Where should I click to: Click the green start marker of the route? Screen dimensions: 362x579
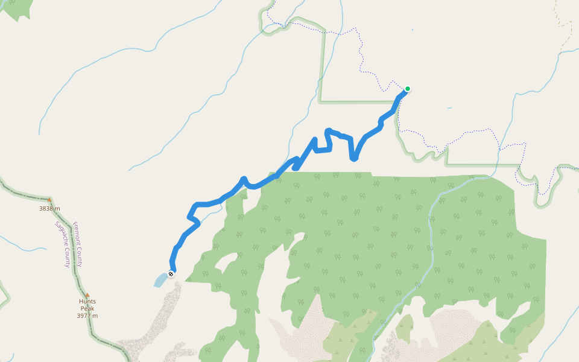coord(408,89)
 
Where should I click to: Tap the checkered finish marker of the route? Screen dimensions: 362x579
coord(171,274)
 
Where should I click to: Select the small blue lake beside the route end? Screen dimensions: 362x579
coord(160,280)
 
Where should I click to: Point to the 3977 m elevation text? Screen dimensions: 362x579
coord(87,316)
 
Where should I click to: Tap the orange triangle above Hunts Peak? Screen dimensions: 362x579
coord(87,295)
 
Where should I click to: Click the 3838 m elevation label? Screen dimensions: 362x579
coord(49,209)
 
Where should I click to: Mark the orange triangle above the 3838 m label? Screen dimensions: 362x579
coord(49,200)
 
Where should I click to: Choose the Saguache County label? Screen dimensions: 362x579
coord(62,244)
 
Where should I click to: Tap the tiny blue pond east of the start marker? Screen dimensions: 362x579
coord(449,108)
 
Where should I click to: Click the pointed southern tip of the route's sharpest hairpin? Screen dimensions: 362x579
coord(354,159)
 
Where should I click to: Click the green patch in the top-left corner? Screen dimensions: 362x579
coord(18,7)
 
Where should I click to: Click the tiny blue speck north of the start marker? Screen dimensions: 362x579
coord(413,28)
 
